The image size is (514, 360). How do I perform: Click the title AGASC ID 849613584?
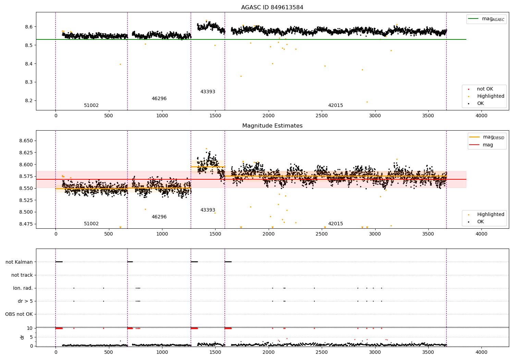click(x=272, y=8)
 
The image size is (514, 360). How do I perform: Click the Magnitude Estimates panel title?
click(x=272, y=126)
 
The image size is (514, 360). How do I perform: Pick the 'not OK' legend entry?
click(x=485, y=89)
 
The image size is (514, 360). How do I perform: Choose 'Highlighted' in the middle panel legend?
click(x=490, y=215)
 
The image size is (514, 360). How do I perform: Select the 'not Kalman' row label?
click(x=19, y=262)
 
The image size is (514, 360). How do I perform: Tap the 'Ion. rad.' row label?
click(x=23, y=288)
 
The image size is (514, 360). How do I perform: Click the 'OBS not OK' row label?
click(x=19, y=314)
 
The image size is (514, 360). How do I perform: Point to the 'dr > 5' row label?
click(x=25, y=301)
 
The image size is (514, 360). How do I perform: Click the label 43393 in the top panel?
click(x=208, y=92)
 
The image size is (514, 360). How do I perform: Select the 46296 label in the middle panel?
click(x=159, y=217)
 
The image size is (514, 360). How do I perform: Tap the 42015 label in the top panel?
click(x=335, y=106)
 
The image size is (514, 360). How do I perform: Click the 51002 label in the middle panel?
click(x=91, y=224)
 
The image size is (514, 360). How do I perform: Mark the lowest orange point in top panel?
click(x=367, y=102)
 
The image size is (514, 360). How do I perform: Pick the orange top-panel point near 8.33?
click(x=241, y=76)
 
